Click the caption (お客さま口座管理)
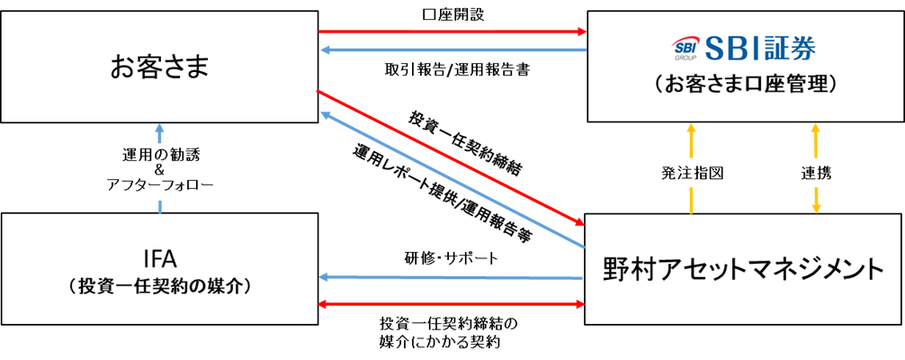pos(745,85)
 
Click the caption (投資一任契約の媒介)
pos(159,287)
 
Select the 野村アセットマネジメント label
pos(744,268)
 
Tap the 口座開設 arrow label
pos(452,16)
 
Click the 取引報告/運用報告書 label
pos(452,69)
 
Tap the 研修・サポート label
pos(451,258)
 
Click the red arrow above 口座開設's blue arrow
pos(452,32)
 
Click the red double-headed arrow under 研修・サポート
pos(452,306)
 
